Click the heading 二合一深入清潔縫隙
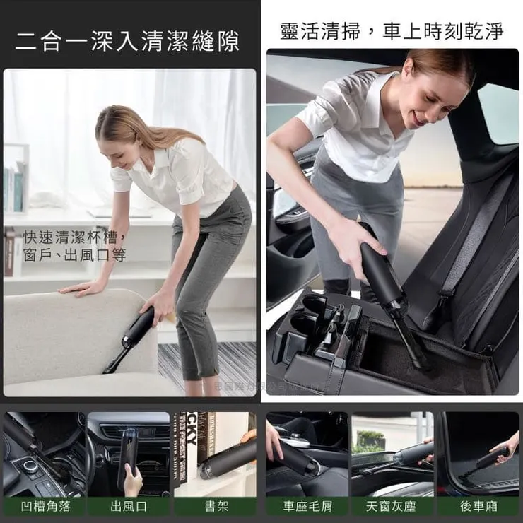127,40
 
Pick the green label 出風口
128,505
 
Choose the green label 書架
215,505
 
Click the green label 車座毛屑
307,505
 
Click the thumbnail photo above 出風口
128,453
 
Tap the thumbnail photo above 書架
215,453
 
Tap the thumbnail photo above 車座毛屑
307,453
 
